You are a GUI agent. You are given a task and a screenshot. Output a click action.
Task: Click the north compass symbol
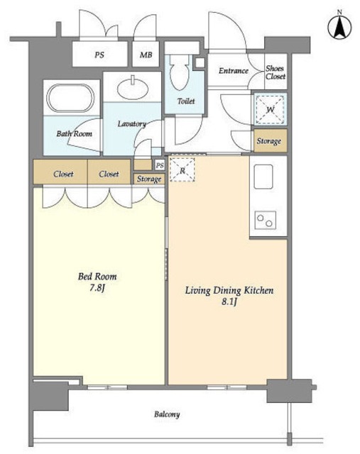pyautogui.click(x=339, y=28)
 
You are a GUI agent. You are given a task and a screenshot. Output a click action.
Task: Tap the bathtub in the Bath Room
pyautogui.click(x=70, y=98)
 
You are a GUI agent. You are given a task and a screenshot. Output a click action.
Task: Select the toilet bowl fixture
pyautogui.click(x=179, y=72)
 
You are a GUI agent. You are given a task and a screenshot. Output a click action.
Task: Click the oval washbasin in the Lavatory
pyautogui.click(x=133, y=87)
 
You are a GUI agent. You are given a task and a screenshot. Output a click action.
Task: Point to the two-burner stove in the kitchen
pyautogui.click(x=266, y=221)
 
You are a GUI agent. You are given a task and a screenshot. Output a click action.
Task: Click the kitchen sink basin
pyautogui.click(x=263, y=177)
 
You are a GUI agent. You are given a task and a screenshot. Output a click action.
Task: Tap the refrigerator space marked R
pyautogui.click(x=182, y=170)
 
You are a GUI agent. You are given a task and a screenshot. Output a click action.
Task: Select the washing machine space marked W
pyautogui.click(x=270, y=109)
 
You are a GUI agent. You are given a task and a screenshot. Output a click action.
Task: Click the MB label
pyautogui.click(x=146, y=55)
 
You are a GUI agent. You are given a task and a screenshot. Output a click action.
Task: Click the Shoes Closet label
pyautogui.click(x=276, y=72)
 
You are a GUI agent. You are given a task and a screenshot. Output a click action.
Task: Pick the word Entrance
pyautogui.click(x=234, y=71)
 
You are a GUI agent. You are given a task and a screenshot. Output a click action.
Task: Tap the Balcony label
pyautogui.click(x=167, y=414)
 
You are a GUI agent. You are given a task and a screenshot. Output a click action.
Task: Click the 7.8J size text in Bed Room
pyautogui.click(x=97, y=288)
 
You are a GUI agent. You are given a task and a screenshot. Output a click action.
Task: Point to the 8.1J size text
pyautogui.click(x=229, y=301)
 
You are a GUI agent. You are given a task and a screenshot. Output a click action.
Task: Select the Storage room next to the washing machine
pyautogui.click(x=271, y=140)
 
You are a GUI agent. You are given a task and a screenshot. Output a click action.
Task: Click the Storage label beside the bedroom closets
pyautogui.click(x=149, y=179)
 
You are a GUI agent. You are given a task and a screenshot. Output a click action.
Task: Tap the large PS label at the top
pyautogui.click(x=99, y=55)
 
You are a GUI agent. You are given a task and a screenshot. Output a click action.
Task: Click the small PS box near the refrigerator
pyautogui.click(x=160, y=165)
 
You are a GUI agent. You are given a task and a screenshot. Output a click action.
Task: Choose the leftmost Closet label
pyautogui.click(x=63, y=174)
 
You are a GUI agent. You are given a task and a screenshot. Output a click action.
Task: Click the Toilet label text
pyautogui.click(x=186, y=101)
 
